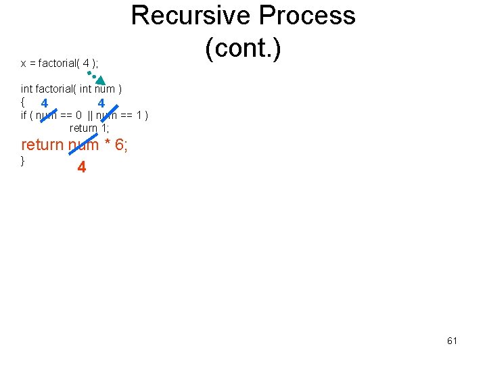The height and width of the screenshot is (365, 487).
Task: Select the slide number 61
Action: (452, 341)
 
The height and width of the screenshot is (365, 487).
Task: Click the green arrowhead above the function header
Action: (100, 80)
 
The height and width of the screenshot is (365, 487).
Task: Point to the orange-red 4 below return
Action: (82, 167)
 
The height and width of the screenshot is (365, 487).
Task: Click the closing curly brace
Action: (23, 160)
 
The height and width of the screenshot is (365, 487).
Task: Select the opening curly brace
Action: (23, 102)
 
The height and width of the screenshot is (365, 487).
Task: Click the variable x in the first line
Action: (24, 64)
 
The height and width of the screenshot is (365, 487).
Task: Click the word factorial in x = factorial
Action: (57, 64)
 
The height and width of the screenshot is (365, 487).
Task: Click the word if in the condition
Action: (24, 115)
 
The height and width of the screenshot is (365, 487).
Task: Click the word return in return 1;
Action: (83, 128)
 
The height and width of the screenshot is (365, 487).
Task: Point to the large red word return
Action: (42, 145)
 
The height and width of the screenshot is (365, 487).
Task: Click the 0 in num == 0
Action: (79, 115)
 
